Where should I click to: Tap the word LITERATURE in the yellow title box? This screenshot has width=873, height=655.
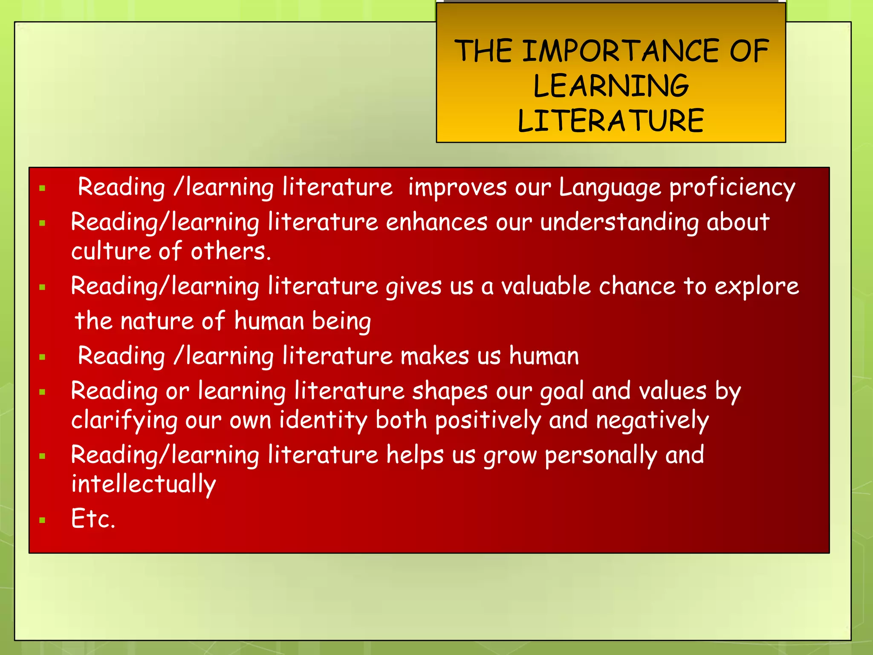coord(610,121)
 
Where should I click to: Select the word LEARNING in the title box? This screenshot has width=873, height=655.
coord(610,86)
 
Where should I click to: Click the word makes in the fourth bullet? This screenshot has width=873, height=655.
coord(434,356)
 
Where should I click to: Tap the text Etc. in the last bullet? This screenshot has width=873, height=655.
coord(93,519)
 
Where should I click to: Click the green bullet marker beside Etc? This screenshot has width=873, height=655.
coord(42,520)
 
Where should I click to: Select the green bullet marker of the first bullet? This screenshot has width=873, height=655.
coord(42,188)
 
